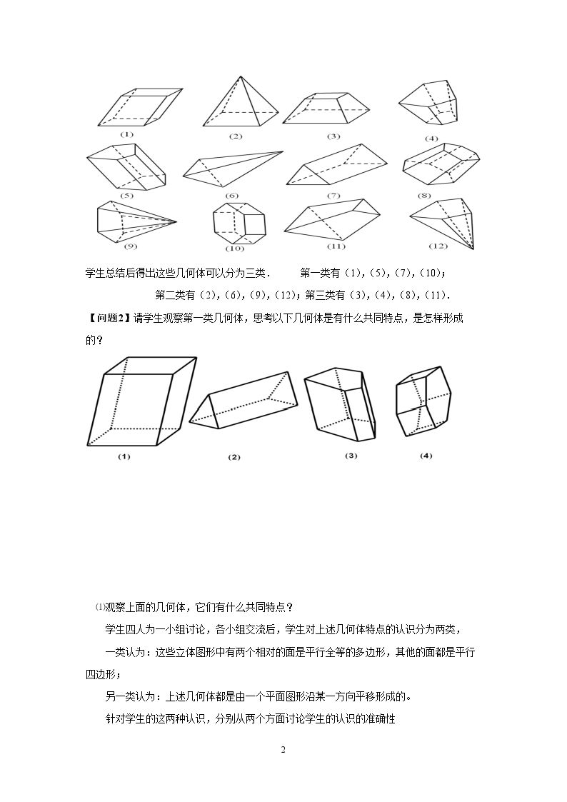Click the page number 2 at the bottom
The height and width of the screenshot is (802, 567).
tap(283, 751)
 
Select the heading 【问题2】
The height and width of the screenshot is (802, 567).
tap(106, 318)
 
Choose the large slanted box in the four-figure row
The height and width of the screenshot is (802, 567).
tap(141, 401)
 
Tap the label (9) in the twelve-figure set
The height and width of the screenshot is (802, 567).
tap(131, 246)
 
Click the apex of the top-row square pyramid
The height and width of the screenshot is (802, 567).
tap(241, 76)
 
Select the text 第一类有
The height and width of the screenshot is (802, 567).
tap(320, 273)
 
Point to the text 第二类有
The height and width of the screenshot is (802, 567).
tap(175, 295)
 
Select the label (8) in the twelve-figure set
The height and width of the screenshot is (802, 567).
tap(424, 196)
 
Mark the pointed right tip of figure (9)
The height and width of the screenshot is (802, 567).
tap(176, 221)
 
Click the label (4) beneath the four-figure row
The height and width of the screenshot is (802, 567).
tap(426, 455)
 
